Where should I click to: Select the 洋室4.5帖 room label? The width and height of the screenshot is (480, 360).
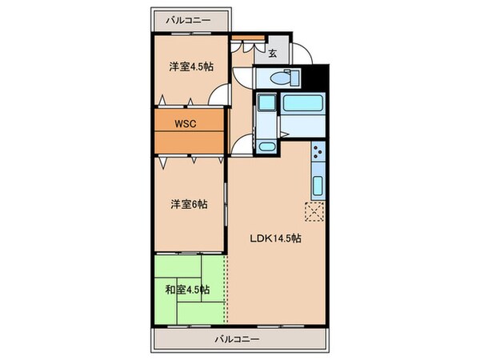click(190, 67)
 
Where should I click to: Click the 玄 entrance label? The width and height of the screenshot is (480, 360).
click(272, 54)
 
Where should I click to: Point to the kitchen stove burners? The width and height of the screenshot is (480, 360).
click(318, 152)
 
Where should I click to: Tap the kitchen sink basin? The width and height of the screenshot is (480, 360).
click(318, 186)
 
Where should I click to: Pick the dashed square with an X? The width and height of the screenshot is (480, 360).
click(313, 210)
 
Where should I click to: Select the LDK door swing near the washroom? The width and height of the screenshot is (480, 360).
click(238, 145)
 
